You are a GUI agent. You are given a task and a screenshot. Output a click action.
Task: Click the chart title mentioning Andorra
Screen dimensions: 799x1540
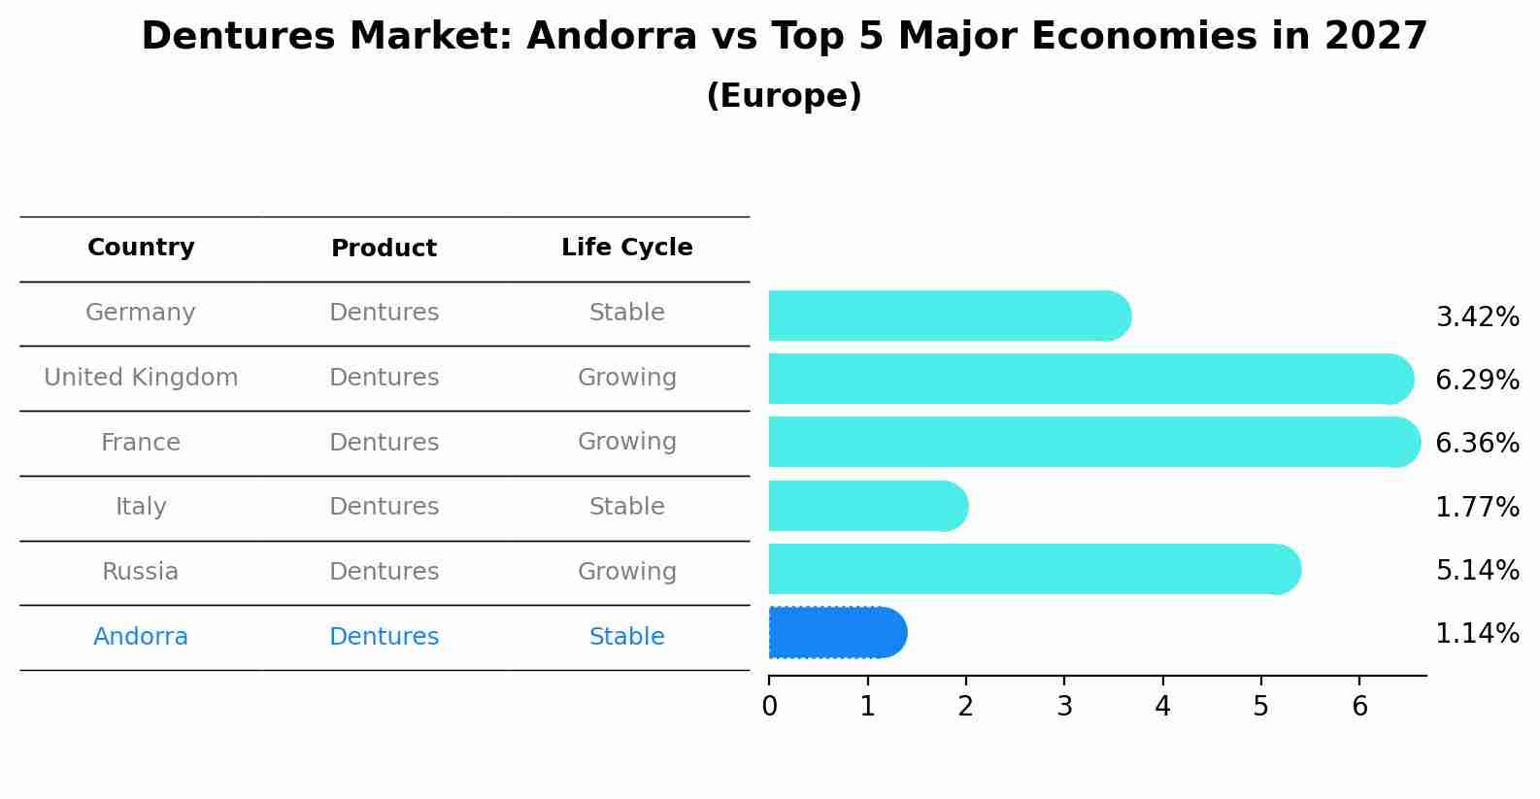coord(784,37)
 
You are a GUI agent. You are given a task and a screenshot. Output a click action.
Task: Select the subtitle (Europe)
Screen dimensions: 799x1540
coord(784,96)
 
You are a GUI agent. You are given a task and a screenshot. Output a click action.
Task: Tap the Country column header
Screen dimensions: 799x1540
coord(141,248)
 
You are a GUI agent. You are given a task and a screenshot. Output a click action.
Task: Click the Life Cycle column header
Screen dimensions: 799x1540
coord(626,248)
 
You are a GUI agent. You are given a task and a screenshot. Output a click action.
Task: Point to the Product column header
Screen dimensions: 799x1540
coord(384,249)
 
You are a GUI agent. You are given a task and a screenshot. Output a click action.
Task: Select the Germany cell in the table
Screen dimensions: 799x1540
coord(141,313)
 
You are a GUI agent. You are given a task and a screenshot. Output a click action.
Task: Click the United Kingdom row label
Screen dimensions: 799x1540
coord(141,378)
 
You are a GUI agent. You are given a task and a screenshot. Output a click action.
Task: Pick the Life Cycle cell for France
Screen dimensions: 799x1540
coord(626,442)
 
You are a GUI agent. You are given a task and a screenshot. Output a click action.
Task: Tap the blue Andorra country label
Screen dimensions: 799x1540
coord(141,637)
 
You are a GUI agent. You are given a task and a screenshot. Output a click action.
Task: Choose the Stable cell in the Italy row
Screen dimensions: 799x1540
coord(626,507)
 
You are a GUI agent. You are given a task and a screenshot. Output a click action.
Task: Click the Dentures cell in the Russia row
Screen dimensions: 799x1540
coord(384,572)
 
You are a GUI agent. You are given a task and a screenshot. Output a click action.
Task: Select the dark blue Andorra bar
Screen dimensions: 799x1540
coord(835,633)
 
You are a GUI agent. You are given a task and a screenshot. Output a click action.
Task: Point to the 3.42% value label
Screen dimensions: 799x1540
coord(1477,317)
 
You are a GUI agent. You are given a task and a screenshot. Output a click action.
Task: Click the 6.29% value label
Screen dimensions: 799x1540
coord(1477,381)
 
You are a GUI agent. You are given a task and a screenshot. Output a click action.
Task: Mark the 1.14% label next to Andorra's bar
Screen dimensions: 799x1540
coord(1477,634)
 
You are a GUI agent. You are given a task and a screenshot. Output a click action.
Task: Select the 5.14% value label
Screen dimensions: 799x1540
coord(1477,570)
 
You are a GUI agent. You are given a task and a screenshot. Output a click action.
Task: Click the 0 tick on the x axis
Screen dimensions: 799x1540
coord(769,707)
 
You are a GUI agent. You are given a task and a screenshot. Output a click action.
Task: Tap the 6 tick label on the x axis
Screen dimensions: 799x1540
coord(1359,707)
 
